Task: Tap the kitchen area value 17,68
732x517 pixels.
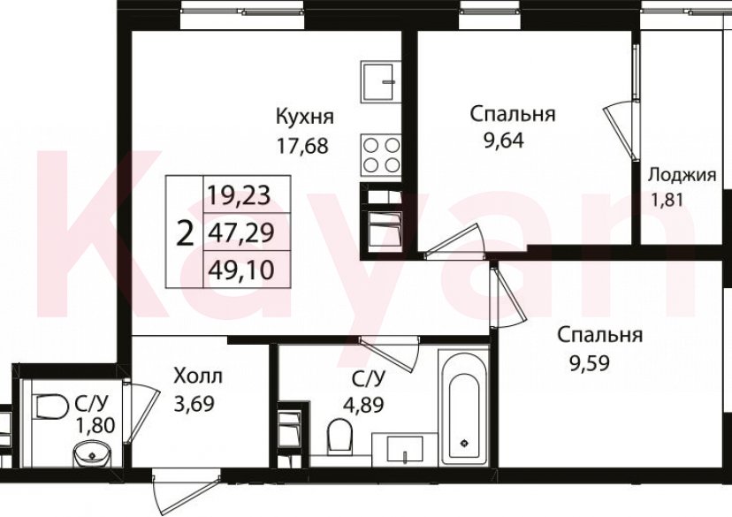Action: (x=303, y=144)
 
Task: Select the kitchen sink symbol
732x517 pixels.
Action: (x=382, y=81)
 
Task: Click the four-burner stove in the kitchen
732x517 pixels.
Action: (x=381, y=155)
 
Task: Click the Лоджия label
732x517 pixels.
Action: (x=682, y=174)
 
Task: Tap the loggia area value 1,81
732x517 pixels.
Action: (x=669, y=199)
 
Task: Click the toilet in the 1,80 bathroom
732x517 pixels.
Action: (x=52, y=407)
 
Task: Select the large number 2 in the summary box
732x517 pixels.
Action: (x=185, y=235)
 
